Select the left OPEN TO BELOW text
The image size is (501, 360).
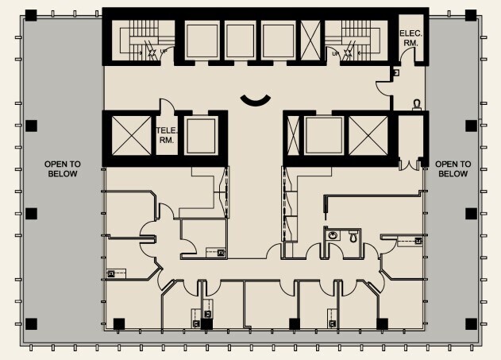point(62,168)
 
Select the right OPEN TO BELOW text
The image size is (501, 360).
point(452,168)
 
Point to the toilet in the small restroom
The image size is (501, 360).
point(352,236)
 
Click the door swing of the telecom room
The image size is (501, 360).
point(166,105)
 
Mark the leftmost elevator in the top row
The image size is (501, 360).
point(201,37)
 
